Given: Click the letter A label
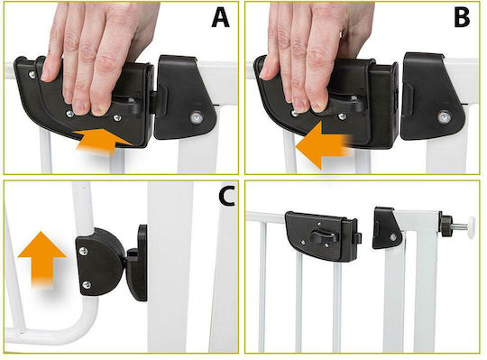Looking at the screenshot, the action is pos(221,18).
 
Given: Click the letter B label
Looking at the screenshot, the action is pos(462,18).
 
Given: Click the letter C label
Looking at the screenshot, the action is pos(226,197).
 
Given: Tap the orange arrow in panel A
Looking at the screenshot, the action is pos(103,142).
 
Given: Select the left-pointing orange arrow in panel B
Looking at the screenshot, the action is pos(323,145).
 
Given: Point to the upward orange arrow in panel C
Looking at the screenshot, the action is pos(41,259).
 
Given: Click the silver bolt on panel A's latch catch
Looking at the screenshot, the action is pos(196,117).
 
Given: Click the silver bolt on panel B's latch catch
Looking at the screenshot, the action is pos(443,117).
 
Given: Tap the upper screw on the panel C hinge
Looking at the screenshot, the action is pos(83,251).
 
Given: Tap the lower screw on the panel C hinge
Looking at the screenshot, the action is pos(87,284).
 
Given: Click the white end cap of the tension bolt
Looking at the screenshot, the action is pos(472,227).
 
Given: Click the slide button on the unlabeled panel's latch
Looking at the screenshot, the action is pos(322,237).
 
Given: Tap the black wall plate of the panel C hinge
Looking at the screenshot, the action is pos(140,263).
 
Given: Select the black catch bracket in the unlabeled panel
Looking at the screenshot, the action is pos(386,228).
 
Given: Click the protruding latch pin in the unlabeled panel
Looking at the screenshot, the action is pos(358,238).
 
